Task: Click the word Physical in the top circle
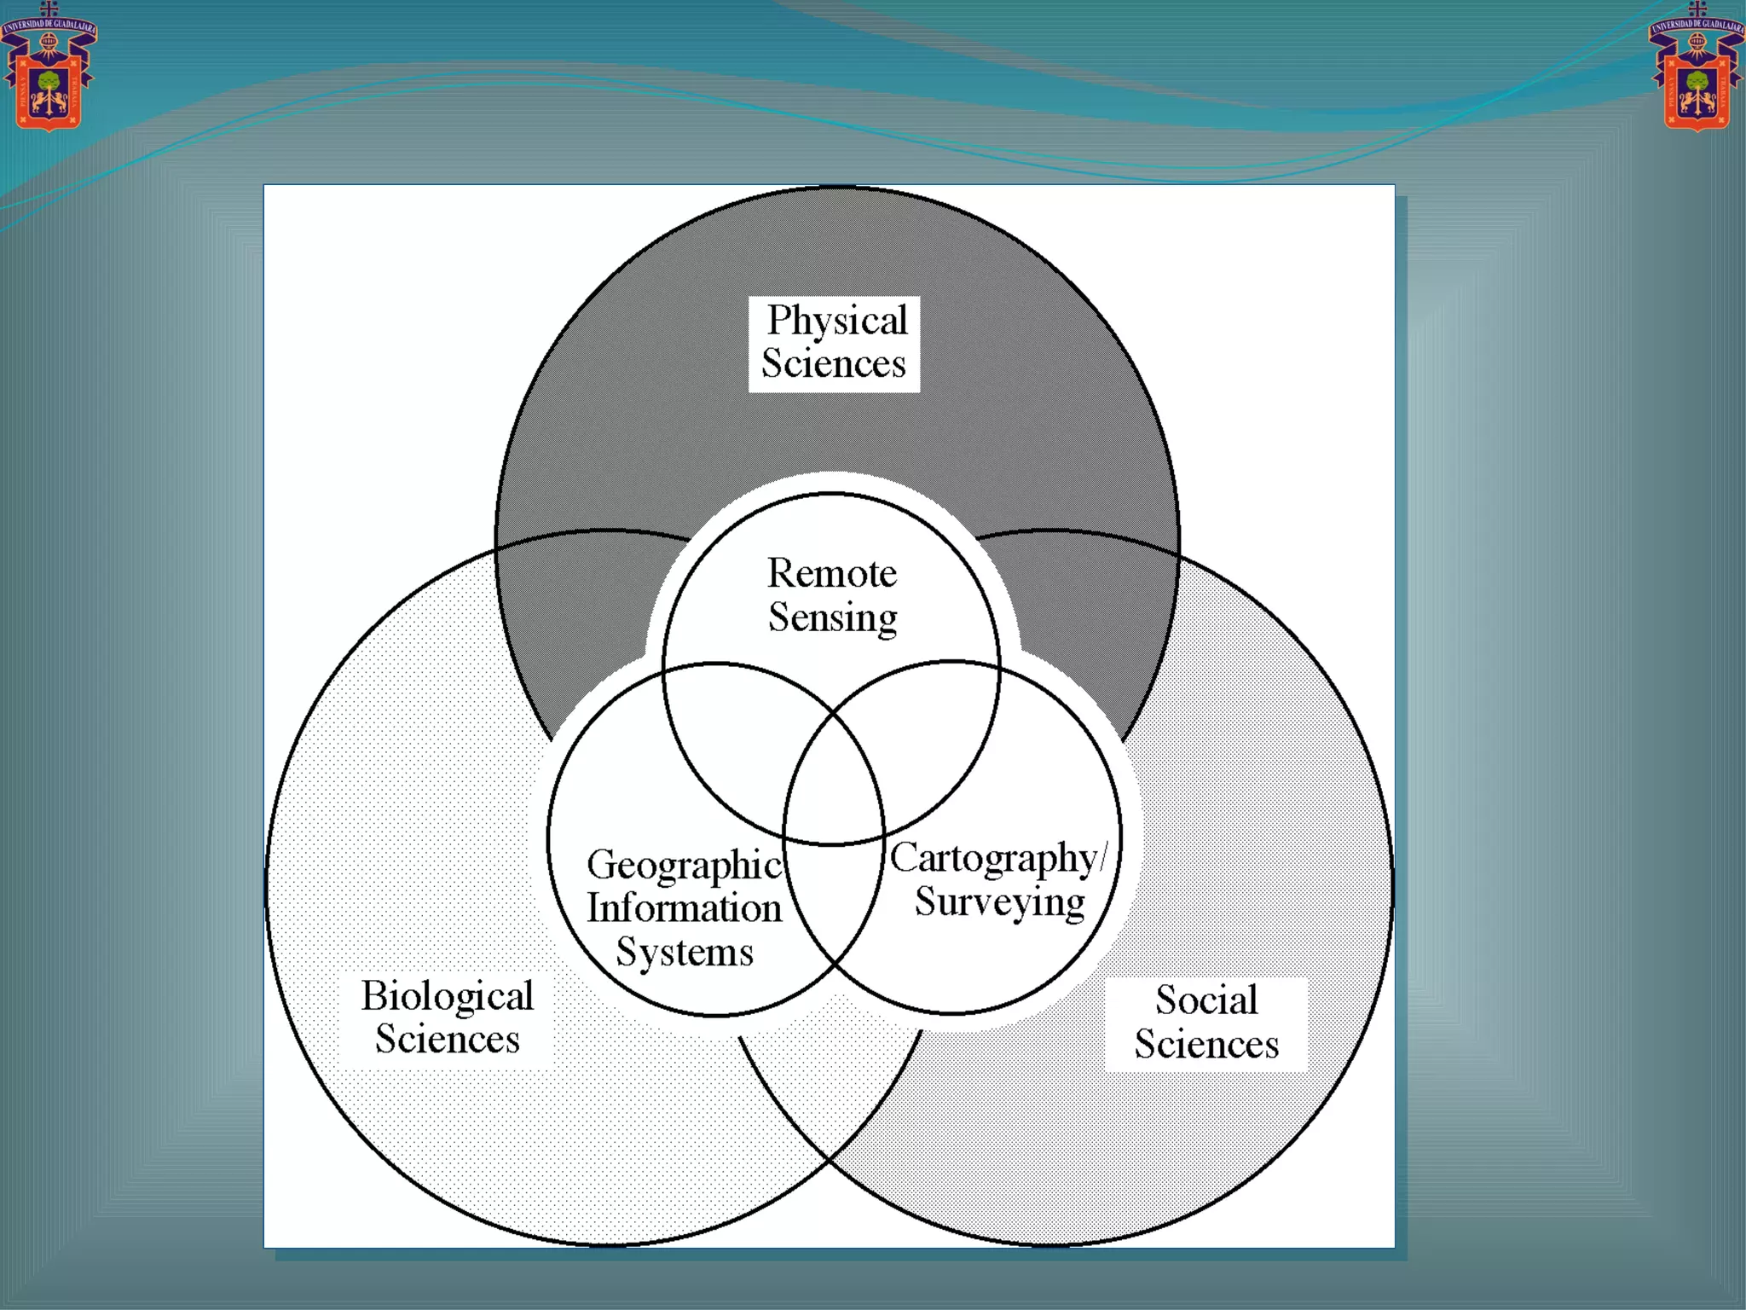(x=837, y=322)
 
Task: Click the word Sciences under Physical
(x=833, y=364)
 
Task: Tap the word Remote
(x=832, y=573)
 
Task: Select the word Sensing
(x=832, y=617)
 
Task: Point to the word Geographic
(x=684, y=865)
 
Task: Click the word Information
(x=684, y=908)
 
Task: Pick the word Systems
(x=685, y=952)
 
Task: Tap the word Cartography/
(x=998, y=858)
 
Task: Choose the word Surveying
(x=1000, y=902)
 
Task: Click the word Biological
(x=447, y=996)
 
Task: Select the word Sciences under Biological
(x=447, y=1040)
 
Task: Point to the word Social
(x=1206, y=1000)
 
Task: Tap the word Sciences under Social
(x=1206, y=1045)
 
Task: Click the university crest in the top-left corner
(x=49, y=68)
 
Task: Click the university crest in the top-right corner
(x=1697, y=68)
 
